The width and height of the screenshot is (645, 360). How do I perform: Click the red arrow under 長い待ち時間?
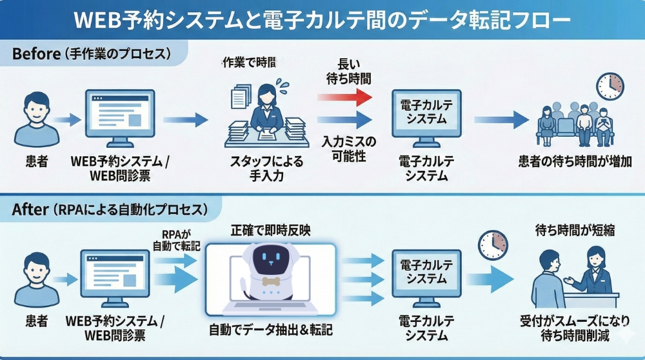(x=345, y=96)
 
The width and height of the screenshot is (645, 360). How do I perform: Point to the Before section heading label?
(x=91, y=54)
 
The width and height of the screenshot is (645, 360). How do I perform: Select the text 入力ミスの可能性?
(x=348, y=148)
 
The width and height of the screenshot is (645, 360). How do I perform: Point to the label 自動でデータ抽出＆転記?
(x=271, y=330)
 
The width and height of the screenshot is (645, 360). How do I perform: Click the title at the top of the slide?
(x=322, y=20)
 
